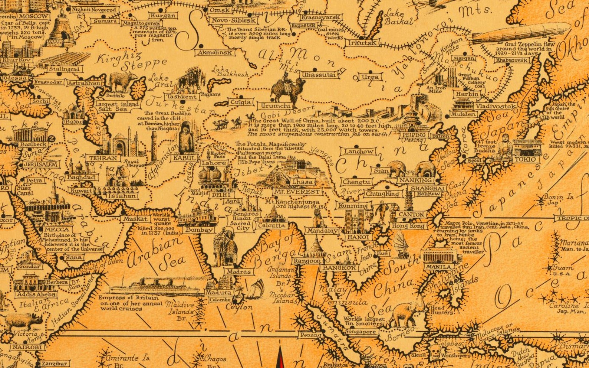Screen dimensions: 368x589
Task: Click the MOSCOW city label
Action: [34, 16]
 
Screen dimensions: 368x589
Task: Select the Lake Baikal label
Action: [398, 17]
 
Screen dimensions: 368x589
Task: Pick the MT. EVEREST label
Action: [297, 192]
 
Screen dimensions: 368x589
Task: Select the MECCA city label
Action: [56, 229]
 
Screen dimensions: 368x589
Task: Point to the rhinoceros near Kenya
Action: [24, 322]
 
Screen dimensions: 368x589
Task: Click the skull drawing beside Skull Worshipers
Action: [435, 351]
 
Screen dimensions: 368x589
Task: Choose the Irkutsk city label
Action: [362, 43]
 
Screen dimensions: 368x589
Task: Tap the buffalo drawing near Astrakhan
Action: [123, 82]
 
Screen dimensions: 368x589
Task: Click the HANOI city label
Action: [358, 237]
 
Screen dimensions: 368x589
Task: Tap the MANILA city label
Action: [438, 267]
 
